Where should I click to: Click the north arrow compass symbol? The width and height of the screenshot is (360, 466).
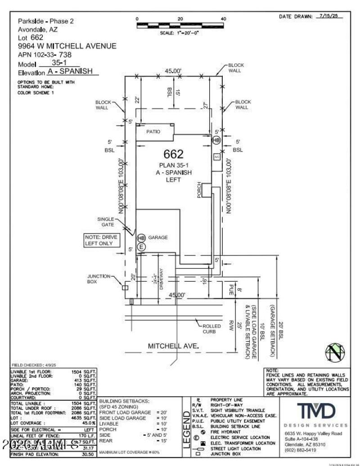334,352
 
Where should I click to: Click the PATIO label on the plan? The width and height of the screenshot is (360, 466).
153,132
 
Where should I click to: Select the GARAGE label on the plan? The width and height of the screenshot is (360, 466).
158,237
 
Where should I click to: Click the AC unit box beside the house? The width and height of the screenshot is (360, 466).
216,157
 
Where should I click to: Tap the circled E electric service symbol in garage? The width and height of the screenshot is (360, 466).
141,247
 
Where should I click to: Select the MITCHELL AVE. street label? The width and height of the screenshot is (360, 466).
173,346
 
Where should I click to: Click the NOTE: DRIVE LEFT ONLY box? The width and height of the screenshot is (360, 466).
103,240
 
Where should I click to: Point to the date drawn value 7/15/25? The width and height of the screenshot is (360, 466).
329,16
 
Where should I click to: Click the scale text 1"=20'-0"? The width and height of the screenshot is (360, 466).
180,33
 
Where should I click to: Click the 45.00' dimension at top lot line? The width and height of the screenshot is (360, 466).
172,71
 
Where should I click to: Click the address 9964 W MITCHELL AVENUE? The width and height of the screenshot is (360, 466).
67,46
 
